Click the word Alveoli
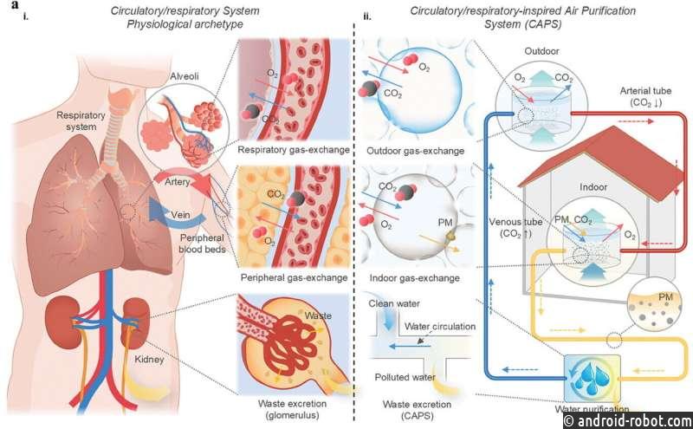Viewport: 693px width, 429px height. tap(185, 76)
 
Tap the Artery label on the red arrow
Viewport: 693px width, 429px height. tap(178, 182)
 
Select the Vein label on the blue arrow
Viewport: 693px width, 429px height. tap(180, 215)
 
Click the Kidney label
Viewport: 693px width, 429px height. tap(149, 360)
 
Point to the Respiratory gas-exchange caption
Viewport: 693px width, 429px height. tap(294, 150)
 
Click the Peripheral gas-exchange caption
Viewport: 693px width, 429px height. tap(294, 277)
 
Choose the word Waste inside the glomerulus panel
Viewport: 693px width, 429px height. tap(318, 315)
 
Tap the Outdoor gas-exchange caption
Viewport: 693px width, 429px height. tap(416, 151)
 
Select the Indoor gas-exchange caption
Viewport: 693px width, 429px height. tap(415, 278)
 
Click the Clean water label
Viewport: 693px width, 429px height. tap(394, 304)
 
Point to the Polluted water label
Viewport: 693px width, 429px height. tap(405, 377)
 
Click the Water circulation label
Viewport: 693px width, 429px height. tap(440, 327)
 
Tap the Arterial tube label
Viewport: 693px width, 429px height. tap(645, 91)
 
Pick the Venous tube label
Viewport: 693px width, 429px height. tap(515, 222)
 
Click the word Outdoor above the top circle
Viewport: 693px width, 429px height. tap(541, 51)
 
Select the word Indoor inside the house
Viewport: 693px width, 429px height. tap(593, 187)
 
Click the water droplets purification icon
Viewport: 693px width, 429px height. tap(593, 378)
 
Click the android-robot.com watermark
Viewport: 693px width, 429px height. tap(628, 420)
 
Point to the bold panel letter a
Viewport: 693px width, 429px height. tap(16, 5)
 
